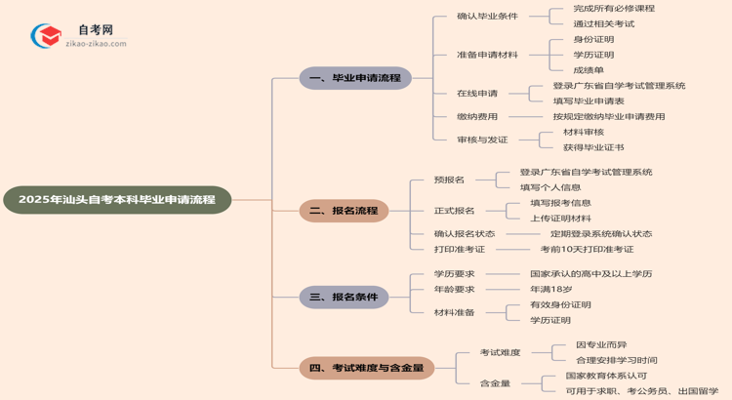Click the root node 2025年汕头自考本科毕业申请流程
point(117,200)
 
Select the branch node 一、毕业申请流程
point(355,78)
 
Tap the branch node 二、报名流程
point(344,211)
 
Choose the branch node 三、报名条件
point(344,297)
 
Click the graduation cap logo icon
point(47,37)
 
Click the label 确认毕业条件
point(487,16)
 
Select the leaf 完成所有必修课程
point(614,8)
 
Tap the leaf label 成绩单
point(589,70)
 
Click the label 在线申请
point(477,94)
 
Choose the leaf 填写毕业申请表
point(589,101)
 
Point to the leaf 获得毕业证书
point(593,147)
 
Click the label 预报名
point(449,180)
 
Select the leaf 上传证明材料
point(560,219)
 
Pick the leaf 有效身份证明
point(560,304)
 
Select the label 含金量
point(495,383)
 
